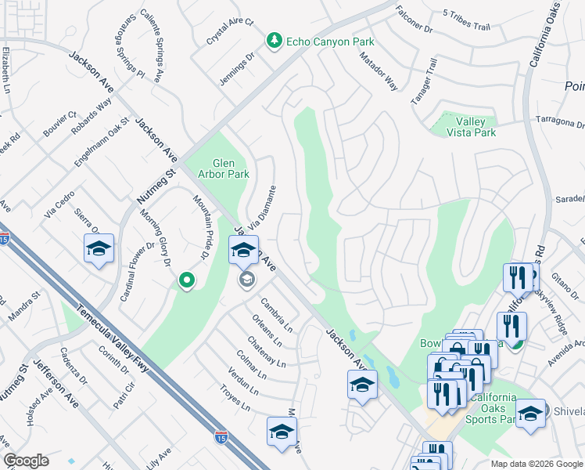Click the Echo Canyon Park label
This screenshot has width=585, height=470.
click(330, 42)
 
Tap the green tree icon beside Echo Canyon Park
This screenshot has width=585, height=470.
click(274, 41)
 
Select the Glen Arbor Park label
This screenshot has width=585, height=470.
click(220, 168)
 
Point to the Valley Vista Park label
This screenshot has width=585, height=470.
click(465, 127)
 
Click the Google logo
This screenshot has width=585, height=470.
click(26, 461)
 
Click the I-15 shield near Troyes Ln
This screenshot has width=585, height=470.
click(221, 436)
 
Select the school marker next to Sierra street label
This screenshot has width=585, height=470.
click(99, 249)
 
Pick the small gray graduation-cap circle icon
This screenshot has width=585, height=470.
click(246, 280)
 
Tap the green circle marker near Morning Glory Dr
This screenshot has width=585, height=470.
click(186, 280)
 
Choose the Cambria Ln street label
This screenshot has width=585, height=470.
click(276, 313)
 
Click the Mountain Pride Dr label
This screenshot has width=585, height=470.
click(201, 228)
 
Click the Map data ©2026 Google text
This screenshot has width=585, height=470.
click(536, 464)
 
